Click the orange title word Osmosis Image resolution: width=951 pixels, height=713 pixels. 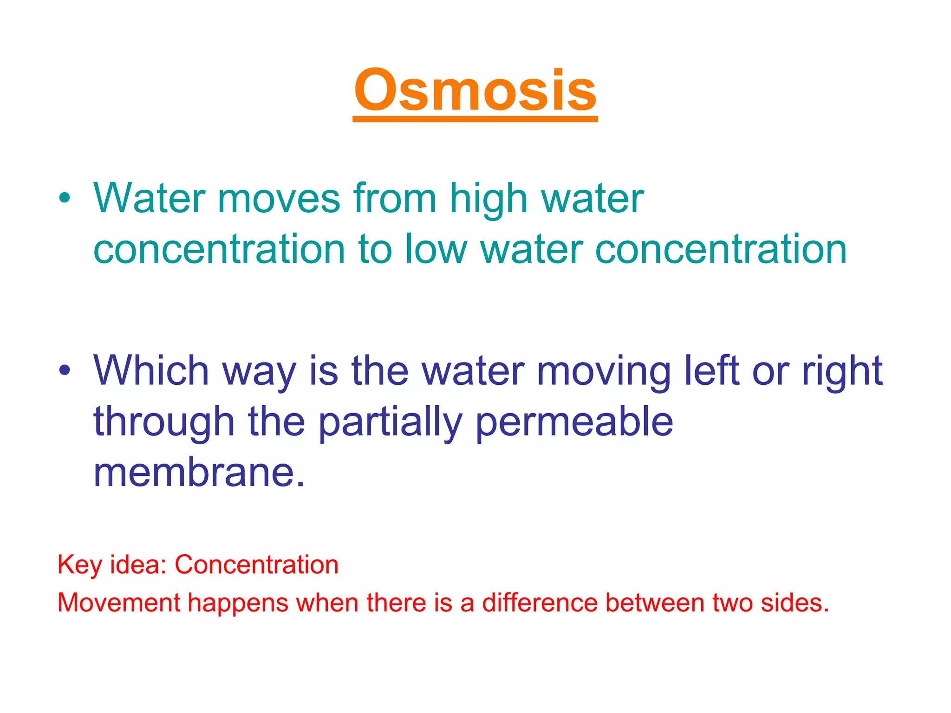tap(475, 91)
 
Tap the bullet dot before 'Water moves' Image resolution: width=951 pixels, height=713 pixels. tap(65, 199)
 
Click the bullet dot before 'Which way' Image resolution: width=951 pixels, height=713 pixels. tap(65, 370)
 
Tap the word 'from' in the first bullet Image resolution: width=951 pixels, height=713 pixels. tap(395, 199)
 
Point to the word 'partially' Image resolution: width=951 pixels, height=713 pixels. tap(390, 422)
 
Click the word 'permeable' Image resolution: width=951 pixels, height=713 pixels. tap(574, 422)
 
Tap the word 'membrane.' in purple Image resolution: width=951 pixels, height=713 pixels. tap(199, 473)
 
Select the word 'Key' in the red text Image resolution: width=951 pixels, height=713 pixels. tap(79, 565)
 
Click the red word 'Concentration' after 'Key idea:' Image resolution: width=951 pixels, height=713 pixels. tap(256, 565)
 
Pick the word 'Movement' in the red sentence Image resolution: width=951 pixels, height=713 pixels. tap(118, 603)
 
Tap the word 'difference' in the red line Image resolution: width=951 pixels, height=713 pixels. tap(540, 603)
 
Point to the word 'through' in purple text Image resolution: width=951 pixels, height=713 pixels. tap(164, 422)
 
